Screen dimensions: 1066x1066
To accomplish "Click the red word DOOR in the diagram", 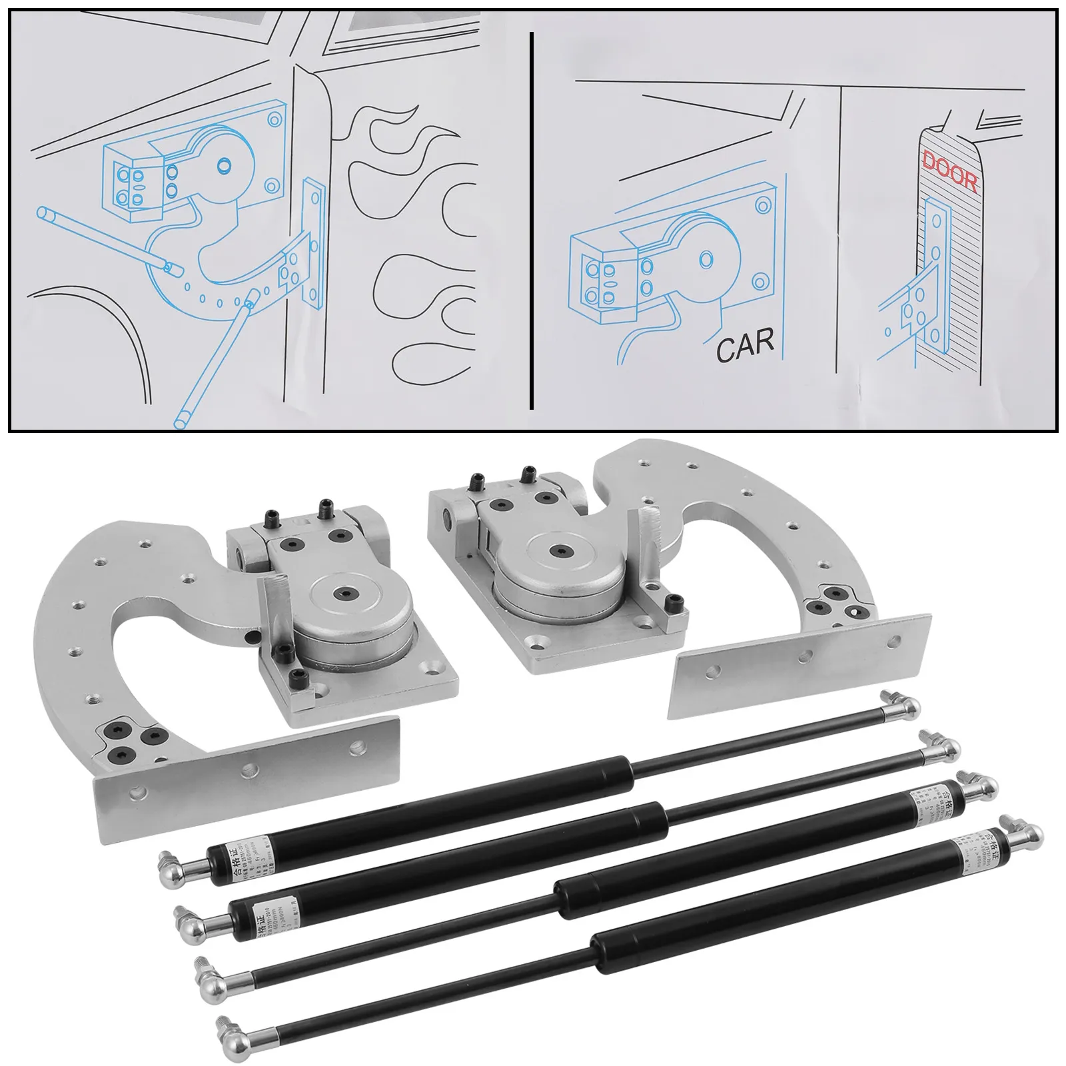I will click(949, 171).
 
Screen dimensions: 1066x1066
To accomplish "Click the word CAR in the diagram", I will click(745, 345).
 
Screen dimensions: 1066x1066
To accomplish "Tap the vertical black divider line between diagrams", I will click(531, 220).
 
